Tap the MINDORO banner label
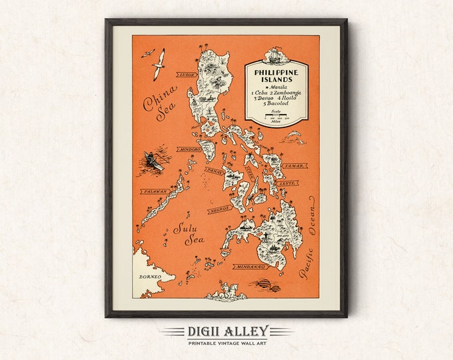[190, 149]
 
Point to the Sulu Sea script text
[187, 233]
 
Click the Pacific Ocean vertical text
[310, 241]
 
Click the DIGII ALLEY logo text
[226, 330]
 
